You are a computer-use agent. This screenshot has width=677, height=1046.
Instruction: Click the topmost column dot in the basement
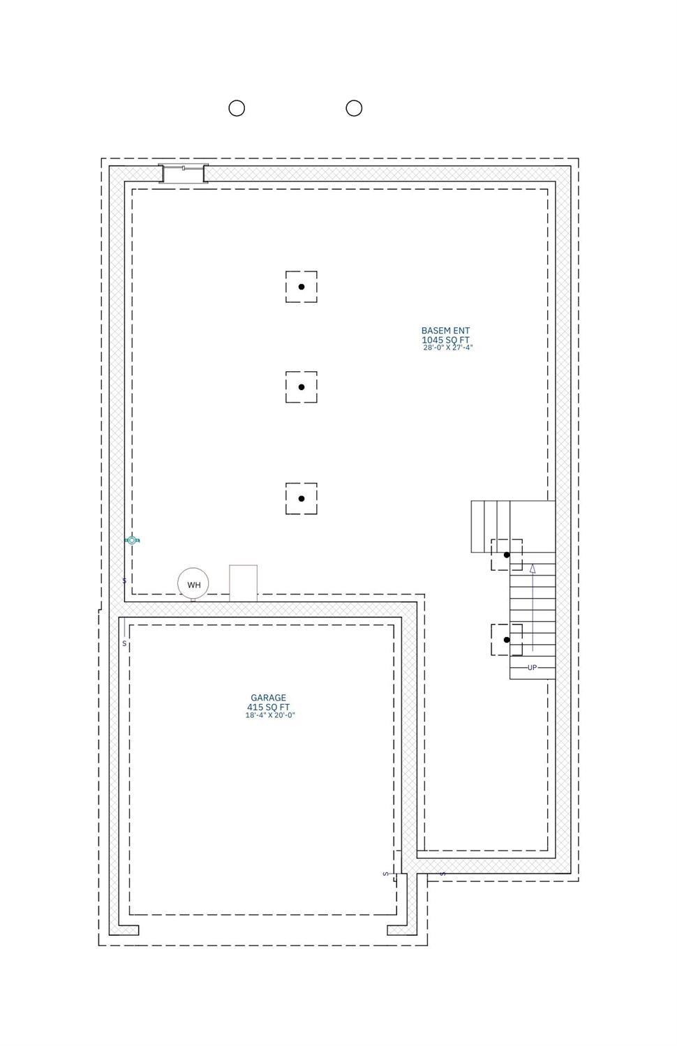(302, 287)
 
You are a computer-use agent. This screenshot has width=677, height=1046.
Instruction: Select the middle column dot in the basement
(302, 387)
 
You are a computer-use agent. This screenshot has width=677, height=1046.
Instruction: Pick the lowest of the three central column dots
(302, 499)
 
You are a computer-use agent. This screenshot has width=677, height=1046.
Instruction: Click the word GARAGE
(268, 698)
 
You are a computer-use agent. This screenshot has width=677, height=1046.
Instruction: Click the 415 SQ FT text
(268, 708)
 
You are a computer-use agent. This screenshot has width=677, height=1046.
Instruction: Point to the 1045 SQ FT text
(445, 340)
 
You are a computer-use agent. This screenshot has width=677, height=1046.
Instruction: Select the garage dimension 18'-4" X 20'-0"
(270, 715)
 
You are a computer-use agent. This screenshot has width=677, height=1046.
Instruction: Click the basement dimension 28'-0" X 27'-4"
(448, 348)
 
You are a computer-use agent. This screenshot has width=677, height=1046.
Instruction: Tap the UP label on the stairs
(532, 668)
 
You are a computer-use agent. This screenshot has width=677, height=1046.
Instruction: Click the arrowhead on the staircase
(532, 568)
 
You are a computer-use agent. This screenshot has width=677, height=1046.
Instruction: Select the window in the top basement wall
(183, 173)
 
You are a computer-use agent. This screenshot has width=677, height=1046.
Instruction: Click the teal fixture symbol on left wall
(132, 540)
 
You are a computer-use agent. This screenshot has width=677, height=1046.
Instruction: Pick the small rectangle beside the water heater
(243, 583)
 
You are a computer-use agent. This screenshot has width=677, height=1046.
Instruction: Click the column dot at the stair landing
(507, 555)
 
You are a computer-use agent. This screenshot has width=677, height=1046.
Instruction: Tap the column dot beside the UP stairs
(507, 640)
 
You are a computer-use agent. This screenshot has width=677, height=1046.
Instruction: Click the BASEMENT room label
(445, 331)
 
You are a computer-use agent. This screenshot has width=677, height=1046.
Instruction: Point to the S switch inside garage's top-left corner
(124, 643)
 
